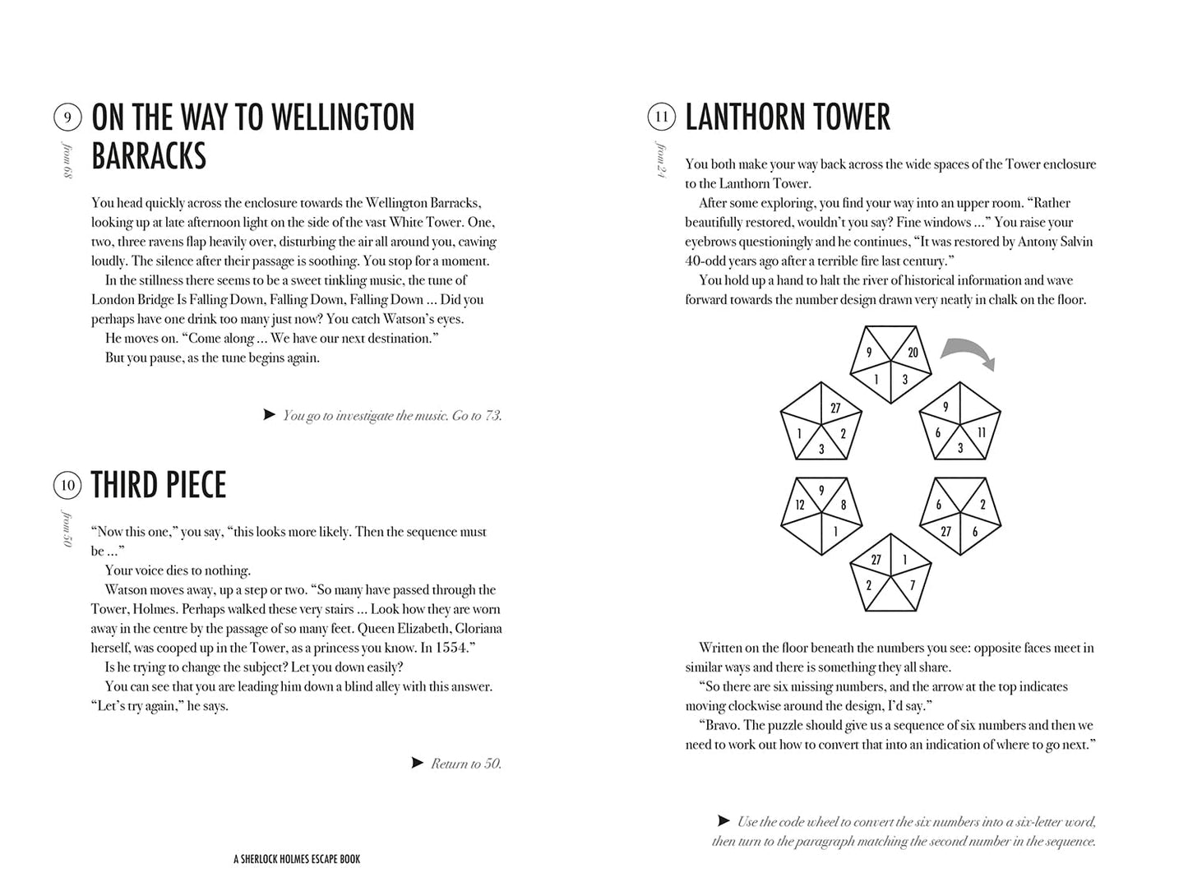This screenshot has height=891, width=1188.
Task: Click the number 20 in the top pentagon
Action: point(913,352)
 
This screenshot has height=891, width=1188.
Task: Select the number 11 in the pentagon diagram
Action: point(981,432)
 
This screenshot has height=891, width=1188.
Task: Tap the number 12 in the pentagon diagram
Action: point(799,506)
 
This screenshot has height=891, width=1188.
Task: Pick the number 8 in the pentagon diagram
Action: point(843,506)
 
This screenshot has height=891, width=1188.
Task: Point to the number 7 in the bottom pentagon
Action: point(912,585)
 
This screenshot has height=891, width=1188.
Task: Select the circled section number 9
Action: point(67,118)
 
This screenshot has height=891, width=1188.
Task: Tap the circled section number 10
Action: point(67,485)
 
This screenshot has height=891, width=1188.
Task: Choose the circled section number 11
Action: point(661,118)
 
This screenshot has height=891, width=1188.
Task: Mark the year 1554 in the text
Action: point(455,648)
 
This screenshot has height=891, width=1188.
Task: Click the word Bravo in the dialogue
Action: point(722,725)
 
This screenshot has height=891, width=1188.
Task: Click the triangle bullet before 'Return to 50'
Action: point(418,763)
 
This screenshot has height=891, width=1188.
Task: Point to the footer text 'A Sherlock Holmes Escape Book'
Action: point(297,859)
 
